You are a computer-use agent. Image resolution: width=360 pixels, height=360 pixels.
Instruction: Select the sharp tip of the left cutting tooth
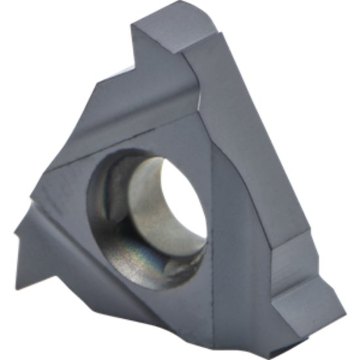16,230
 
